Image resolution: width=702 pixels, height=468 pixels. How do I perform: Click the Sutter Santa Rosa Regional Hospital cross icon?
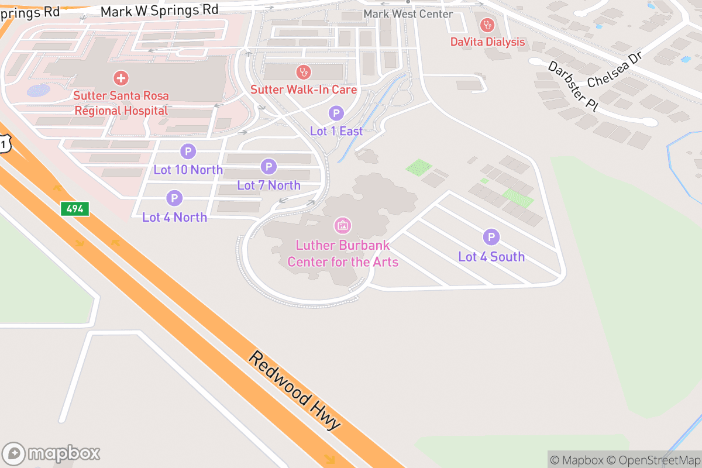pos(121,78)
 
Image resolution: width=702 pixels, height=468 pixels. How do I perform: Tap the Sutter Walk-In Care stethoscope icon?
pos(303,73)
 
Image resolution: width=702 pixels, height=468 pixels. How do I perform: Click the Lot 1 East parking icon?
pos(336,113)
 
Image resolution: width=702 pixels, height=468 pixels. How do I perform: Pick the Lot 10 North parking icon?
pos(188,152)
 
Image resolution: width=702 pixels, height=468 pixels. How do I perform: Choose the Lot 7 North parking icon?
pos(269,167)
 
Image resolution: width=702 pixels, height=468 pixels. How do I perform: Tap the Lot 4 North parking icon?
pos(174,199)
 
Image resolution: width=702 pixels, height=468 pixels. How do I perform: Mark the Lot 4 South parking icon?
pos(491,238)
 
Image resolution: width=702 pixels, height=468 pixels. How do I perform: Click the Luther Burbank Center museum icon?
pos(342,225)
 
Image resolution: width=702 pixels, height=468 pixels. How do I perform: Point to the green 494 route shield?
pos(74,209)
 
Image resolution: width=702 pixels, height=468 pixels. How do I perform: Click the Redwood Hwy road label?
pos(295,390)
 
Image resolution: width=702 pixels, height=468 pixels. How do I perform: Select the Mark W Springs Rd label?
pos(159,11)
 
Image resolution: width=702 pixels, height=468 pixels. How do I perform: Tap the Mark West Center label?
pos(408,13)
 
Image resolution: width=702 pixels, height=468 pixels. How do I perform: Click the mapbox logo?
pos(52,453)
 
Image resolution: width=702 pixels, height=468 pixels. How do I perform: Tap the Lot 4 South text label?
pos(491,257)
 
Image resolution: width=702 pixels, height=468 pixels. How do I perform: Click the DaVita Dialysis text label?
pos(487,42)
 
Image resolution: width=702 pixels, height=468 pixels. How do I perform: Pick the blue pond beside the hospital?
pos(39,91)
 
